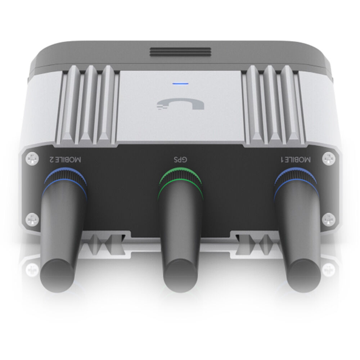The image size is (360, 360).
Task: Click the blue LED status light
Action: [x=180, y=84]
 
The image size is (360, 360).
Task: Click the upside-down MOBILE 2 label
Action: [x=65, y=159]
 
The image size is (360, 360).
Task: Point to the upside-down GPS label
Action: [x=180, y=159]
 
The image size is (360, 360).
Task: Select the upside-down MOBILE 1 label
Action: [x=296, y=159]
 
